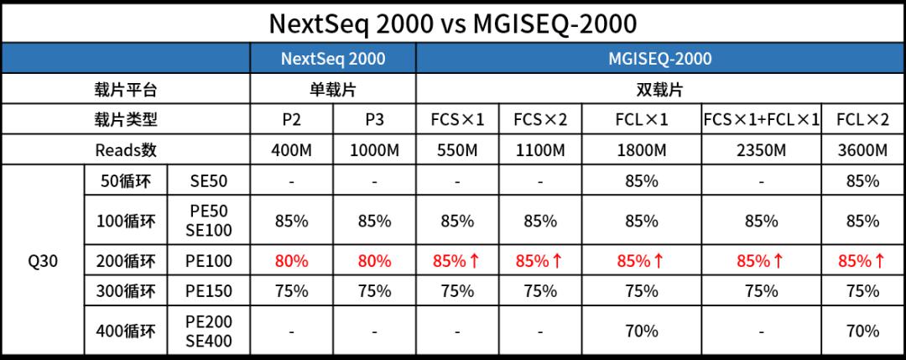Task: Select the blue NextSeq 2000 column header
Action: (333, 59)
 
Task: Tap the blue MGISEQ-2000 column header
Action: (659, 59)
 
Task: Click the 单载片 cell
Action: (333, 90)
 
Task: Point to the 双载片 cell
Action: (659, 90)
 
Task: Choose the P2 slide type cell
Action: (291, 120)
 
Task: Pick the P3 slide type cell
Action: (374, 120)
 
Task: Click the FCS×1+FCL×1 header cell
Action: (761, 120)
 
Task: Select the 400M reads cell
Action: (291, 150)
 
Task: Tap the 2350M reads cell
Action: (761, 150)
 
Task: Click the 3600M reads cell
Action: (862, 150)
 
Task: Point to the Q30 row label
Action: (43, 261)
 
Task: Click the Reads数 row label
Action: (126, 150)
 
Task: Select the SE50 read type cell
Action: (208, 180)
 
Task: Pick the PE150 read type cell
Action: (208, 291)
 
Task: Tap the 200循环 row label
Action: (126, 261)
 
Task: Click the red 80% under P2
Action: (291, 261)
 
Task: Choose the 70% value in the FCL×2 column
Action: (862, 331)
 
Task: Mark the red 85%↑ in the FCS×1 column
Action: (457, 261)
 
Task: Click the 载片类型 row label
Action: (126, 120)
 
